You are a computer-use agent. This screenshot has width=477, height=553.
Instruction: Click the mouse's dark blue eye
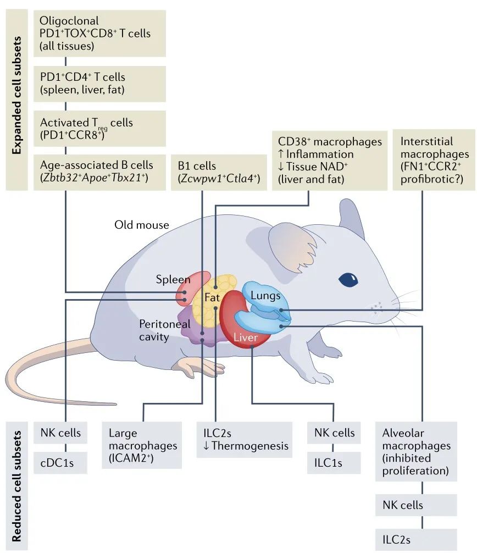347,279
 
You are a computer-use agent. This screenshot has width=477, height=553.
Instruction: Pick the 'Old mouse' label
141,224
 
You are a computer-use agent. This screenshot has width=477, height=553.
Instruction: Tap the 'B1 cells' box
218,172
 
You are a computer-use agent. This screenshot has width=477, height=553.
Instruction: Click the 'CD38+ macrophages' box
329,160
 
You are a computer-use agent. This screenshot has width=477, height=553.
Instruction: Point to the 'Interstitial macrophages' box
434,160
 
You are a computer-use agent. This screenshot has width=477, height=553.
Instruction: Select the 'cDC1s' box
61,463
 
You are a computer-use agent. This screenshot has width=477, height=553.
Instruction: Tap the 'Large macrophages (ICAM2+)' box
142,445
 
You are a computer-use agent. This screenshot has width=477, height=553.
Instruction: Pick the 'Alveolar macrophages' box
417,451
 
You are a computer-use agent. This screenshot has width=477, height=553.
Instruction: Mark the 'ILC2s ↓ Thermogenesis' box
245,439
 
